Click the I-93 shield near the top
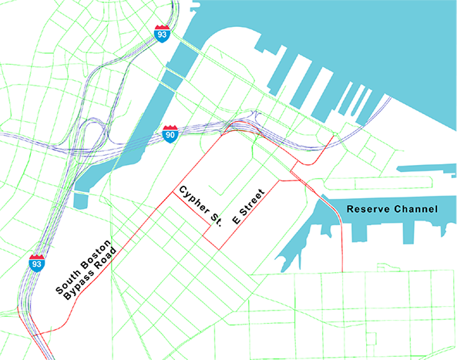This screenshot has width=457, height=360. click(161, 32)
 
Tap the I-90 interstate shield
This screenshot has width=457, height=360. click(171, 134)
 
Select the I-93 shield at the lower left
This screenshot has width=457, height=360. click(36, 262)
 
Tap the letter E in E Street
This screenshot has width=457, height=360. click(237, 220)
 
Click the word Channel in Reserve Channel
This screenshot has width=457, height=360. click(417, 210)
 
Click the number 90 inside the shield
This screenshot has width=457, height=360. click(171, 136)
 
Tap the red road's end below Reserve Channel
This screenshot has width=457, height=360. click(341, 271)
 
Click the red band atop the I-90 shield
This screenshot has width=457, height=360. click(171, 129)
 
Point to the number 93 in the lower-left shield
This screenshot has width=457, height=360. click(36, 264)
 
